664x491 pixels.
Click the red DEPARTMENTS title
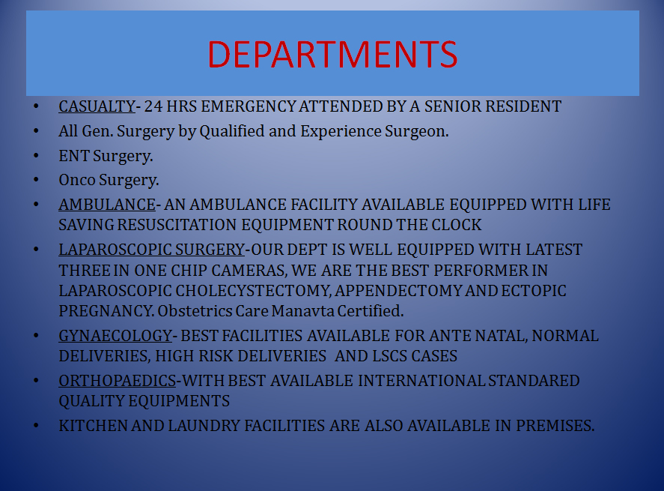coord(332,54)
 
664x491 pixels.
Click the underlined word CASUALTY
coord(97,106)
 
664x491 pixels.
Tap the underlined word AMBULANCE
coord(107,205)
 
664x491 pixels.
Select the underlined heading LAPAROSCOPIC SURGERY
coord(152,250)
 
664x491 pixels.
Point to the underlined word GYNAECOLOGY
coord(115,336)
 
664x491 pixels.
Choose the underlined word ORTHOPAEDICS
coord(118,381)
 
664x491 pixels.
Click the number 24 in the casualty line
coord(153,106)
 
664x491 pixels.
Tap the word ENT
coord(74,156)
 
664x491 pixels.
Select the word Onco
coord(77,180)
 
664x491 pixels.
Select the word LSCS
coord(390,356)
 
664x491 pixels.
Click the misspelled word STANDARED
coord(534,381)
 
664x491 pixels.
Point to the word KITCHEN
coord(93,426)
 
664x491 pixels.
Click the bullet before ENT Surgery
coord(36,156)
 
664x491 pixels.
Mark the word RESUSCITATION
coord(177,225)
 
